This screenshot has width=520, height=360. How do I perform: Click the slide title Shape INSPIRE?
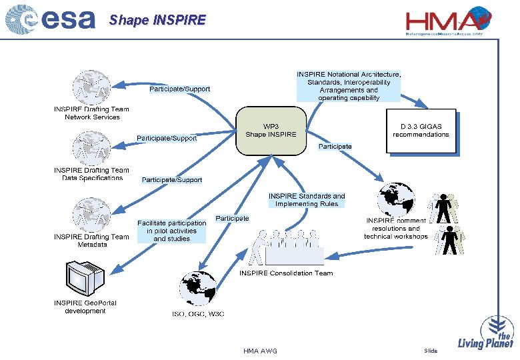(157, 20)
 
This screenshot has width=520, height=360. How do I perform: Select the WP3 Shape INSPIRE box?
(271, 130)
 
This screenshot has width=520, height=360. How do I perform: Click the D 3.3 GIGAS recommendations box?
(421, 130)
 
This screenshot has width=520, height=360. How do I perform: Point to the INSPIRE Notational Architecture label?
(349, 86)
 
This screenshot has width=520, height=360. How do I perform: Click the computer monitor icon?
(85, 278)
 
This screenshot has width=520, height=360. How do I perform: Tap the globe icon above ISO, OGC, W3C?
(198, 288)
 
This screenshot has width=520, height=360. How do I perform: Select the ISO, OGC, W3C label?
(198, 315)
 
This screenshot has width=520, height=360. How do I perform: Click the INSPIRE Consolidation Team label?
(286, 273)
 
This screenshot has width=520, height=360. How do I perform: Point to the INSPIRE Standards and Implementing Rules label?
(307, 200)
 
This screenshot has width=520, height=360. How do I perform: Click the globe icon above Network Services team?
(92, 87)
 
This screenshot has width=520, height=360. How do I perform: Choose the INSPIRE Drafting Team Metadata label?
(92, 241)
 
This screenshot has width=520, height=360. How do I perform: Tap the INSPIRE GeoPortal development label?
(85, 307)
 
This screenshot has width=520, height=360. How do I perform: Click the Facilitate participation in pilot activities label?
(172, 231)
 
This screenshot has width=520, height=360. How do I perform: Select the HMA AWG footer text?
(260, 351)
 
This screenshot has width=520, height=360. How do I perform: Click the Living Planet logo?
(486, 334)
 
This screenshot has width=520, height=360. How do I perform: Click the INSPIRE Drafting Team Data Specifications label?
(92, 174)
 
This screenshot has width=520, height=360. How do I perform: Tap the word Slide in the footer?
(431, 351)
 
